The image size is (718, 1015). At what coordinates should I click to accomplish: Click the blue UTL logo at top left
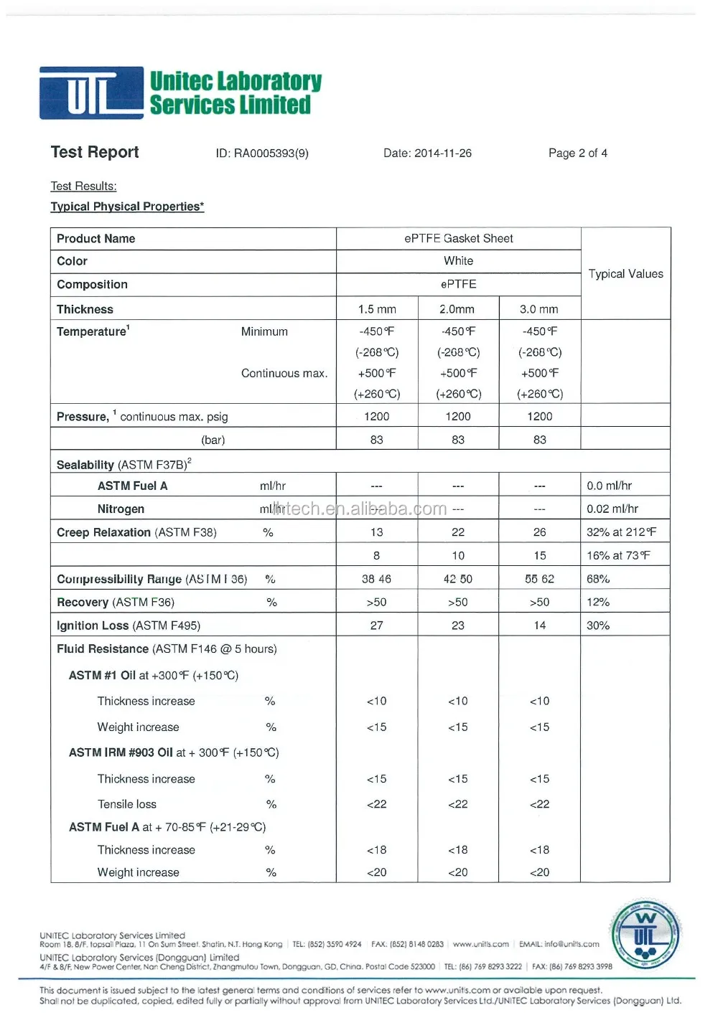click(x=91, y=93)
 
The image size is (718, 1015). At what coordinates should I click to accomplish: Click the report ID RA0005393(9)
click(x=262, y=154)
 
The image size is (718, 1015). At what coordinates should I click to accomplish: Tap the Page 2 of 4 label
click(x=577, y=154)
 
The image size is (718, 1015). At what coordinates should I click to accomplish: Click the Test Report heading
click(x=95, y=152)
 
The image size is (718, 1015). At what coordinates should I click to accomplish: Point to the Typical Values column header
click(x=625, y=274)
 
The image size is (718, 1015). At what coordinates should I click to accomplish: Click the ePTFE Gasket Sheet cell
click(x=458, y=239)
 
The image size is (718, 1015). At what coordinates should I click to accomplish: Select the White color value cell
click(x=458, y=261)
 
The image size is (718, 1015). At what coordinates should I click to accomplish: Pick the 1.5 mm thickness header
click(x=377, y=309)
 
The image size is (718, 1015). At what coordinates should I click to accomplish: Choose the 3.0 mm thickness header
click(x=539, y=309)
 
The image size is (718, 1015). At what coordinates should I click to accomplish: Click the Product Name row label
click(x=96, y=239)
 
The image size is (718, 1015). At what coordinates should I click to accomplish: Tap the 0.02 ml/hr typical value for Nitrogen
click(x=612, y=509)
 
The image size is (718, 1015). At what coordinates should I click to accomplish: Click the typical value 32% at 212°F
click(x=621, y=532)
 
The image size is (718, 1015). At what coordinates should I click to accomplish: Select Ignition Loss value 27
click(x=376, y=625)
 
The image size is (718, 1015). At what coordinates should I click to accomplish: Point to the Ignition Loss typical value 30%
click(x=598, y=625)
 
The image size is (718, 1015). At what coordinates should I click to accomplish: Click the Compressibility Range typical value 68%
click(x=598, y=579)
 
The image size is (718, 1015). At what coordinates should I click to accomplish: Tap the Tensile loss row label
click(x=127, y=804)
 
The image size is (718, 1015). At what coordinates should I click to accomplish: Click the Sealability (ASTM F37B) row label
click(x=123, y=465)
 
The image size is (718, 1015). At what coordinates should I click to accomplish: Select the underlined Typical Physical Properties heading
click(x=127, y=207)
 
